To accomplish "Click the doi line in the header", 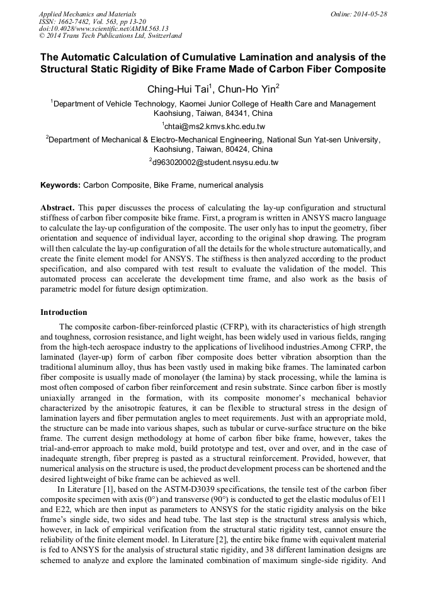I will point(103,29).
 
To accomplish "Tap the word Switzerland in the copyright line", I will point(159,37).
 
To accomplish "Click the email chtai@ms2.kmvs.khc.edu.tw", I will point(214,127).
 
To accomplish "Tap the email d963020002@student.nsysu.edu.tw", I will point(214,162).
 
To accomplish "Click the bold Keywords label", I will point(60,185).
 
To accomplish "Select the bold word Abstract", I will point(59,207).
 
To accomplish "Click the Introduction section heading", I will point(64,312).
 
